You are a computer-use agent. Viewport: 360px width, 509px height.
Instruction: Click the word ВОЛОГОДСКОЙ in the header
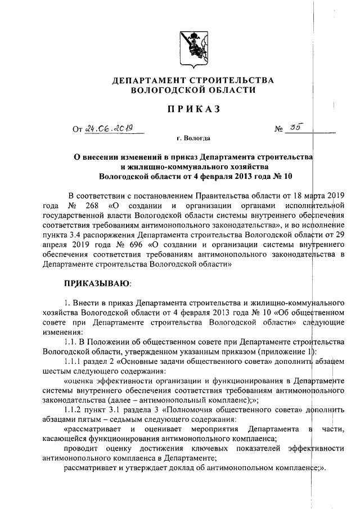(163, 90)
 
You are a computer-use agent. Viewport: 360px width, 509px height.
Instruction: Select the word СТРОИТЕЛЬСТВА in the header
(233, 80)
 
